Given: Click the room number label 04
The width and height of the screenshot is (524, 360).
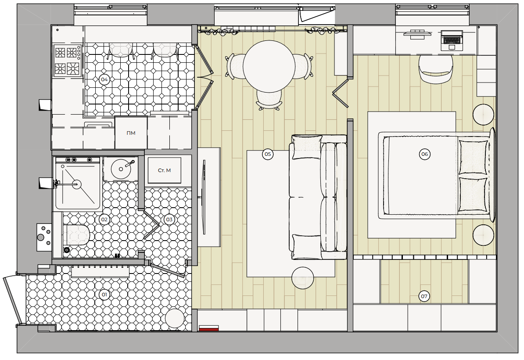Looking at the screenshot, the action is (104, 79).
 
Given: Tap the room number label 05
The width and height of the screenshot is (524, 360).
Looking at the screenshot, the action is (268, 154).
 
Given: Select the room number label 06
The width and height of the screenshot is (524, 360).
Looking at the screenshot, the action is (424, 154).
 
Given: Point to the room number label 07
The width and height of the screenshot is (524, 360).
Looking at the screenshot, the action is (424, 296).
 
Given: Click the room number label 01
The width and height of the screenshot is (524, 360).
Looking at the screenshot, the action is (104, 295).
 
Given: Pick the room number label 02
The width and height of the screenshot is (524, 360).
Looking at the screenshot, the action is (104, 220).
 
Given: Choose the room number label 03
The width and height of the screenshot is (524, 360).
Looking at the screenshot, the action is (169, 220).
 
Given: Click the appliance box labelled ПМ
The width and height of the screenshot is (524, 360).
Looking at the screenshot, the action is (131, 133).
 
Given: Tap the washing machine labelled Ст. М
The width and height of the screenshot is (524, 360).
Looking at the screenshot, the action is (165, 170).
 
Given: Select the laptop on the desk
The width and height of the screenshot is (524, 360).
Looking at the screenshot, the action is (452, 40).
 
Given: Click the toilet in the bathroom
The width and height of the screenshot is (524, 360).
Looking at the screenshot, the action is (76, 234).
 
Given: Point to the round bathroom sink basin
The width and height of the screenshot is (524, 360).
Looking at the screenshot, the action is (121, 169).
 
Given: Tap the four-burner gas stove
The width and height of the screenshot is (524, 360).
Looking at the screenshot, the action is (67, 61).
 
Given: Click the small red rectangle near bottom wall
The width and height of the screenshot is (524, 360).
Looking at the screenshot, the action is (209, 328).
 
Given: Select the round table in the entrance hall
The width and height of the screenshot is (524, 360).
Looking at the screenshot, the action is (175, 319).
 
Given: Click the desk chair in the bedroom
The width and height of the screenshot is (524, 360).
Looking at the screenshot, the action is (436, 69).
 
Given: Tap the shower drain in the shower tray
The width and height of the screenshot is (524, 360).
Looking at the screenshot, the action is (77, 184).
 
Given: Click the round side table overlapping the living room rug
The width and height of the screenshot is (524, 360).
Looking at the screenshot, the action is (303, 278).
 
